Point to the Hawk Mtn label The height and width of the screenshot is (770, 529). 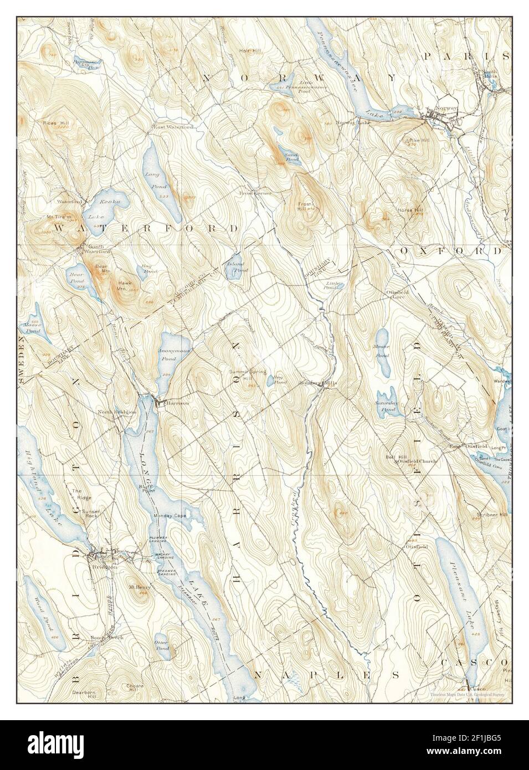pos(124,285)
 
